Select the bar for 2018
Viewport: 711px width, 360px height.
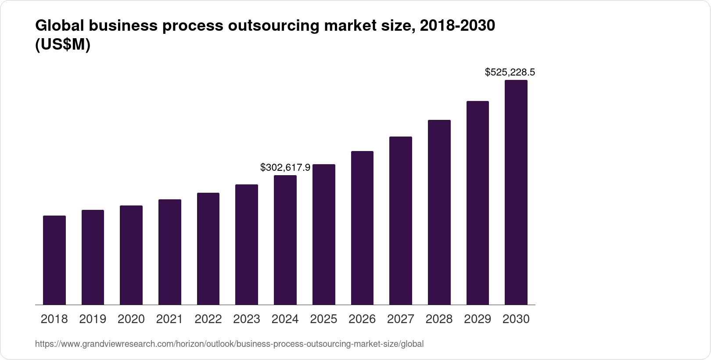(x=54, y=260)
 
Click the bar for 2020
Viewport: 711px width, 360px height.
(x=131, y=255)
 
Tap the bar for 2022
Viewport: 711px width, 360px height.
(x=208, y=248)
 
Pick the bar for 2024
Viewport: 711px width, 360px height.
(x=285, y=240)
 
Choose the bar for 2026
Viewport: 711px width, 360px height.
(x=362, y=228)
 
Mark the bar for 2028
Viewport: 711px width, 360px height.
(x=439, y=212)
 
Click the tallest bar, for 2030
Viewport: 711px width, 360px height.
(x=516, y=192)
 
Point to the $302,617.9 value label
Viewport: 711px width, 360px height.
(x=285, y=167)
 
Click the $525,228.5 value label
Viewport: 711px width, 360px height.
(x=510, y=72)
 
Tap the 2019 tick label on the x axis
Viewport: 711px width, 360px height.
(x=93, y=319)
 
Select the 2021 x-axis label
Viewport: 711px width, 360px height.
(x=170, y=319)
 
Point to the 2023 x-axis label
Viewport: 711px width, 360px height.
(x=247, y=319)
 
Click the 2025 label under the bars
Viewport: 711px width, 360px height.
(x=323, y=319)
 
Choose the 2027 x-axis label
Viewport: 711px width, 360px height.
(x=401, y=319)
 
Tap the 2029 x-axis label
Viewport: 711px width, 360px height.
(x=478, y=319)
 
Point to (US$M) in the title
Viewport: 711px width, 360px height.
(x=62, y=45)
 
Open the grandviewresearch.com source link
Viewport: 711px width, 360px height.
(x=229, y=344)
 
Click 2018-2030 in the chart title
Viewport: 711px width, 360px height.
(x=457, y=26)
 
